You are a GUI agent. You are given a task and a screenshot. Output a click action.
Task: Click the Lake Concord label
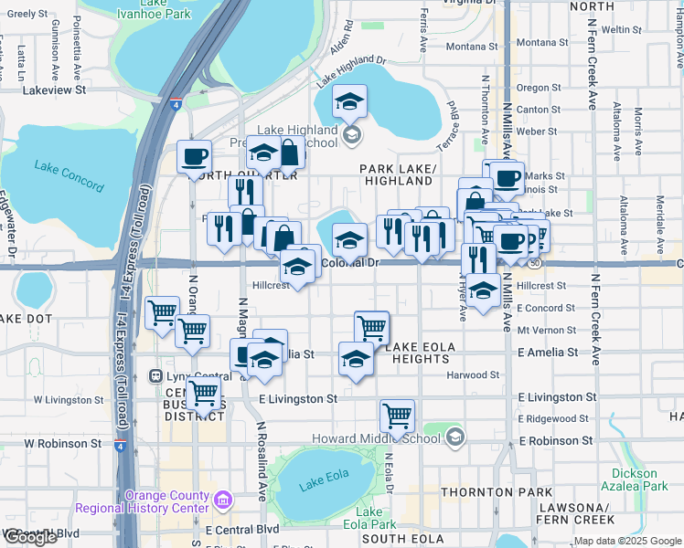point(69,171)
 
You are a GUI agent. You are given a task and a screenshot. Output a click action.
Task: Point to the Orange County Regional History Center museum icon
point(222,501)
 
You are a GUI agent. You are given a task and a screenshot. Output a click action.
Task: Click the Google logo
point(30,537)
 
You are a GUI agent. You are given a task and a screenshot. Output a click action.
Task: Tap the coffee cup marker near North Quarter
point(194,157)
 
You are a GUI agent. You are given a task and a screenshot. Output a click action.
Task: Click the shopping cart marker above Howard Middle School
point(397,416)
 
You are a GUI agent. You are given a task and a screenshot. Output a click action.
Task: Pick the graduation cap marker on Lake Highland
point(348,102)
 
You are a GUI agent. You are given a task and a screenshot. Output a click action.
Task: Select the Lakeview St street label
point(54,90)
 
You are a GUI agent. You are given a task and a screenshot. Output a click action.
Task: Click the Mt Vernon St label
point(546,331)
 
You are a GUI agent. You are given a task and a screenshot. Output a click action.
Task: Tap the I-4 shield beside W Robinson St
point(121,445)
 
